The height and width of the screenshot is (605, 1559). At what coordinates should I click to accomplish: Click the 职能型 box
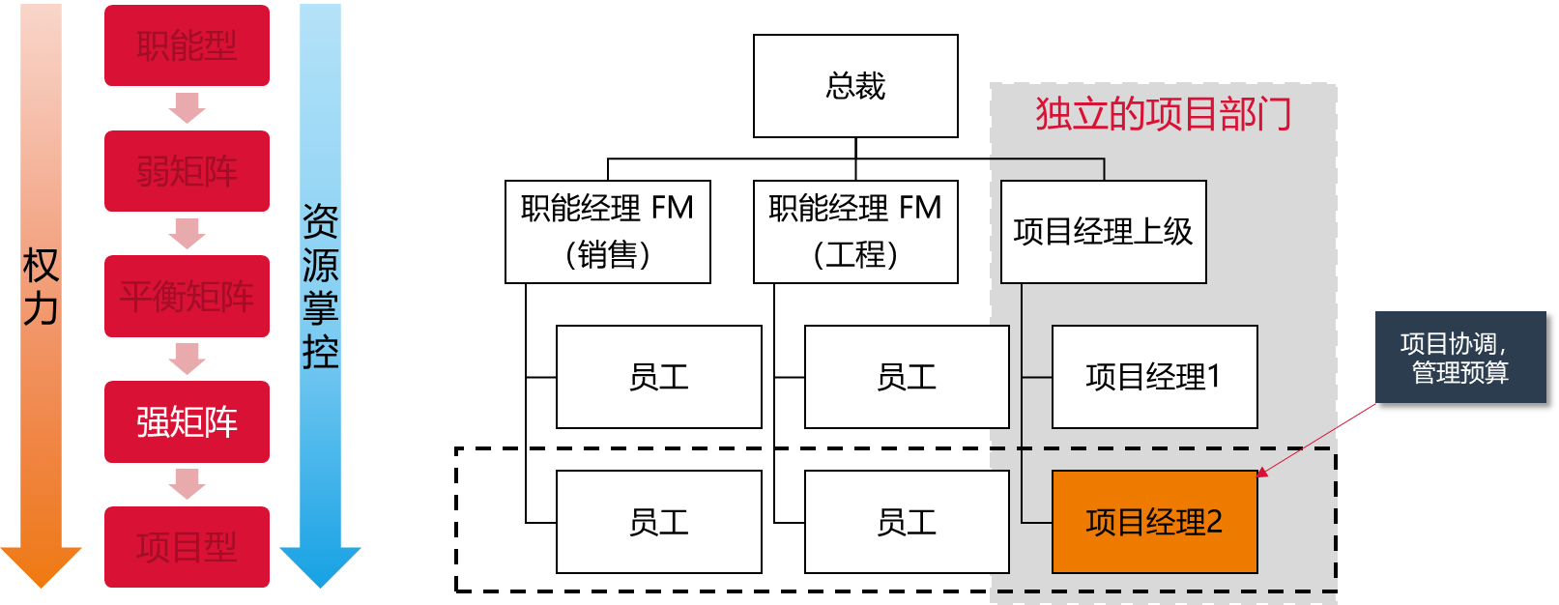click(x=187, y=45)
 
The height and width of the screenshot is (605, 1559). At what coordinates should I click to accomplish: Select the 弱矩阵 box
click(x=187, y=171)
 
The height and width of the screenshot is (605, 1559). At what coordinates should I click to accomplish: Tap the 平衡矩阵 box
click(x=187, y=296)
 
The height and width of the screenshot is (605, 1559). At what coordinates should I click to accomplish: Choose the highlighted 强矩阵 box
click(x=187, y=421)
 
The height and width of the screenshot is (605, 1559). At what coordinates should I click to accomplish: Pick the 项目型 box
click(x=187, y=547)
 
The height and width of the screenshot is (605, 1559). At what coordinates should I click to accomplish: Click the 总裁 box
click(x=855, y=86)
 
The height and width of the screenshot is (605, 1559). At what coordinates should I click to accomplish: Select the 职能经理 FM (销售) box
click(x=607, y=231)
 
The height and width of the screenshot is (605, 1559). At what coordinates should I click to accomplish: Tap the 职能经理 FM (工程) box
click(x=855, y=231)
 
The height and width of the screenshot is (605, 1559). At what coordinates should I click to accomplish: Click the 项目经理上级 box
click(x=1103, y=232)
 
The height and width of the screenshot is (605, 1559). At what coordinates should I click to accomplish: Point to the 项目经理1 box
click(x=1154, y=377)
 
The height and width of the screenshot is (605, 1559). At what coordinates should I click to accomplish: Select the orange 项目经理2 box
click(x=1154, y=522)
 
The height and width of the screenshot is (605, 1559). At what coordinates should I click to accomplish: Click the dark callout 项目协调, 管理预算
click(x=1459, y=358)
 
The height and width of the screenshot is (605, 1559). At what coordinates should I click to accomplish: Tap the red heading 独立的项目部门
click(x=1164, y=114)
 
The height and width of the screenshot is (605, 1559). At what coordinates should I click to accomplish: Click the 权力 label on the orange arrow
click(x=41, y=287)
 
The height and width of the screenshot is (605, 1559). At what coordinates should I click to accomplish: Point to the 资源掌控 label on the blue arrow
click(x=320, y=286)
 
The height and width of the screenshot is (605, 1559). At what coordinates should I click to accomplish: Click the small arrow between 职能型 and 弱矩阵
click(x=187, y=108)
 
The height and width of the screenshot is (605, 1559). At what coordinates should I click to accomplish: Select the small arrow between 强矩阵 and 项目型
click(x=187, y=484)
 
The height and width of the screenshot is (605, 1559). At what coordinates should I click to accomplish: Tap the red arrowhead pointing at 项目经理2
click(x=1262, y=473)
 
